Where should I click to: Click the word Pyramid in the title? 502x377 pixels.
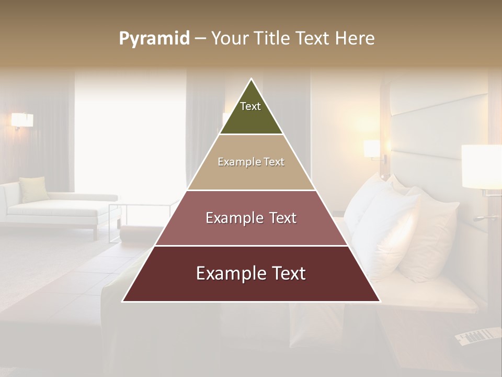154,39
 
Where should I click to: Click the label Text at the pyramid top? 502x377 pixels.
250,106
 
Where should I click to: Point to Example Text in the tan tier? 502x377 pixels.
251,162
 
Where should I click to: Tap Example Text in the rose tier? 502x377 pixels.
251,218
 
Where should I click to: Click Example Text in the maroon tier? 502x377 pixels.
251,273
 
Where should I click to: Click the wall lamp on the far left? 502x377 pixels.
22,121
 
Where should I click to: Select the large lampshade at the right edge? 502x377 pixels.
482,167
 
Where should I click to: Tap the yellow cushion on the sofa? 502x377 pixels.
34,188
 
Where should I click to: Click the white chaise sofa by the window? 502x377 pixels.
58,209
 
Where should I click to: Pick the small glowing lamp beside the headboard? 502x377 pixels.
372,148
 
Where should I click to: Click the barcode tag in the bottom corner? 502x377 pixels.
477,336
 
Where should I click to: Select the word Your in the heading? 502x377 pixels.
230,39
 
